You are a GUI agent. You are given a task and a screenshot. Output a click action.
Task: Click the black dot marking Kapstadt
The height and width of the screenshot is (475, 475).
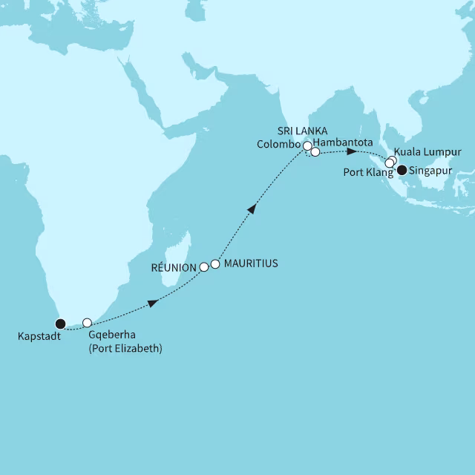point(60,323)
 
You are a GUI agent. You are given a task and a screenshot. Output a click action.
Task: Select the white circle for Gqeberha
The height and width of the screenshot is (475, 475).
point(87,323)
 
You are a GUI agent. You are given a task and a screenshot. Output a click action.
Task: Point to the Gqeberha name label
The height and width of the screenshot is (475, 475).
point(112,335)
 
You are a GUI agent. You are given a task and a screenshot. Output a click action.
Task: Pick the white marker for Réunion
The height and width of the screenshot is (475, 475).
point(203,266)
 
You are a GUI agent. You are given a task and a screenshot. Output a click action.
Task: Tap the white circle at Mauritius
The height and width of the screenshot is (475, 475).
point(215,263)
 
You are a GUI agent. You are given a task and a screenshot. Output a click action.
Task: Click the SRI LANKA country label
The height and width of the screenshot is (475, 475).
point(303,129)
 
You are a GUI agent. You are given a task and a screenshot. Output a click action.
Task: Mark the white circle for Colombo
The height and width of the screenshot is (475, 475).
point(307,146)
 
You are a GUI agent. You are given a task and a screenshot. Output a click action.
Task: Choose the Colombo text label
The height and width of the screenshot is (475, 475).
point(279,143)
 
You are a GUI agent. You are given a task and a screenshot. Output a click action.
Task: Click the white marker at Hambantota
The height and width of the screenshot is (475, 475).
point(315,152)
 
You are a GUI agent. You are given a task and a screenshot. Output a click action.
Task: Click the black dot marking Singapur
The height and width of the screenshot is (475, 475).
point(402,170)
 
